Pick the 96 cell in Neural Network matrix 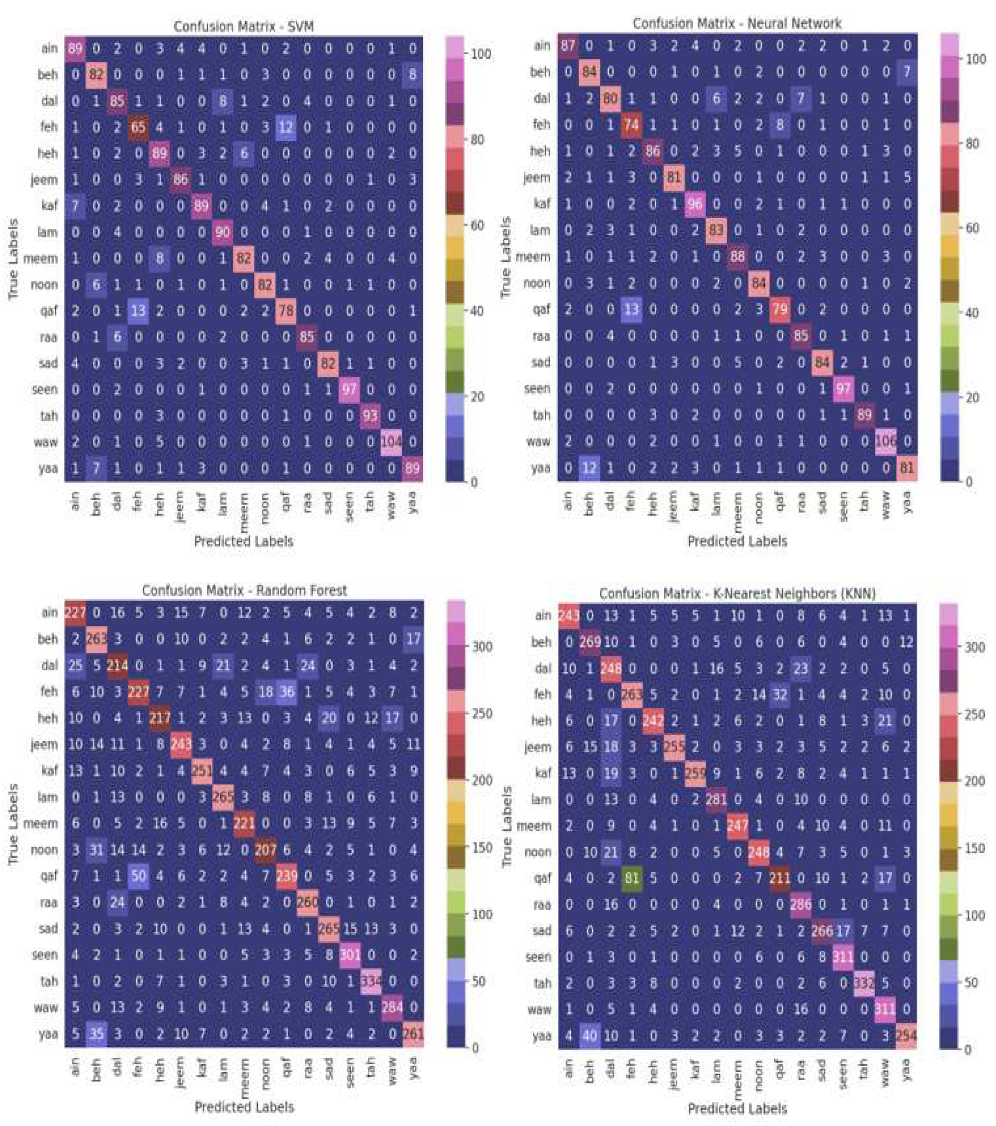695,204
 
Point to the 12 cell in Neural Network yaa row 589,468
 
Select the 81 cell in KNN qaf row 632,878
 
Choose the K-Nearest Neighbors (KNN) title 737,593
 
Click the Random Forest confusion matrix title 244,590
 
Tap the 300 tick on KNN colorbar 975,647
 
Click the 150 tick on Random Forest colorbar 482,847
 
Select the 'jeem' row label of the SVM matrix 44,179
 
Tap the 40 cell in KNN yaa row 589,1036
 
